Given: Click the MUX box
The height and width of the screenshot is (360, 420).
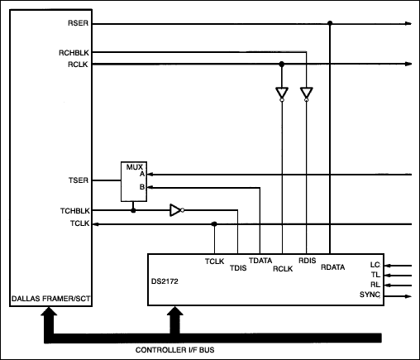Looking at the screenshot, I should [132, 181].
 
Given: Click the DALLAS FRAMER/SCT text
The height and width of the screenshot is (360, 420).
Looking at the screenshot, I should [48, 297].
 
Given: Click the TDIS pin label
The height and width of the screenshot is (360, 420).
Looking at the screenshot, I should [238, 268].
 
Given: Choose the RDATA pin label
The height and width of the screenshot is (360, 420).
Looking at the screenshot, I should [332, 267].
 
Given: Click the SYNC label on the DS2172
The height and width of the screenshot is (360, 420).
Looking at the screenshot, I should [370, 295].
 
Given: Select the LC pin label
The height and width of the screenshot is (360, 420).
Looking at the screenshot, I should [375, 265].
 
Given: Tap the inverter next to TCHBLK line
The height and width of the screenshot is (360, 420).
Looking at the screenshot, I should [175, 210].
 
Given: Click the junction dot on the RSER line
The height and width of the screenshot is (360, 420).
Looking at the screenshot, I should [330, 23].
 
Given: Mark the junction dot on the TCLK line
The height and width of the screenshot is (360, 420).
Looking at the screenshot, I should [214, 223].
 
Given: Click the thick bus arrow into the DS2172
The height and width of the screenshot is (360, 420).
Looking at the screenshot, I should [174, 319].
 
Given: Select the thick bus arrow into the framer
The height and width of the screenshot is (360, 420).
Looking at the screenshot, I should [48, 319].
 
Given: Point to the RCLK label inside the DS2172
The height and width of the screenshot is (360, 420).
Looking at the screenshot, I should [283, 268].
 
